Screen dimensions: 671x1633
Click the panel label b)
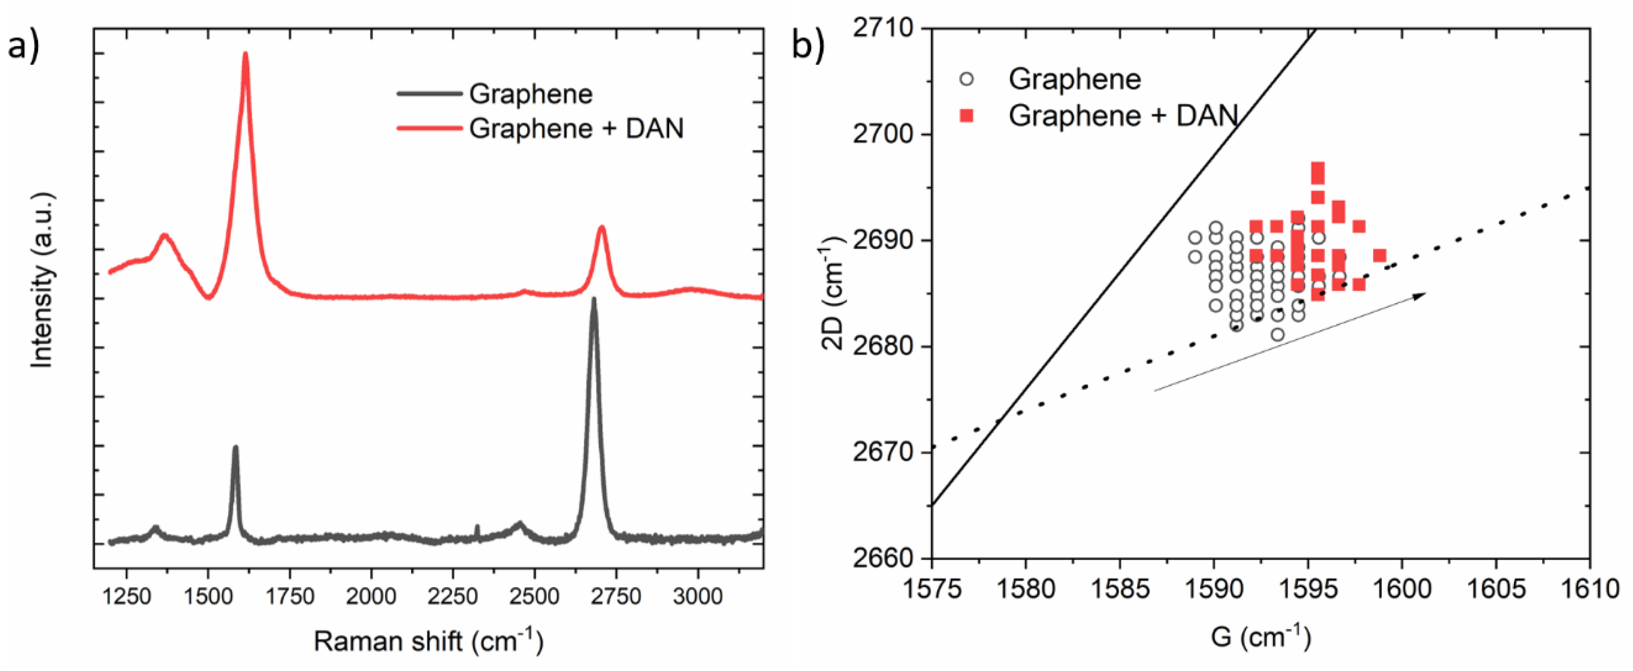coord(808,46)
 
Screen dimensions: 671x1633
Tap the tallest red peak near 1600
coord(245,54)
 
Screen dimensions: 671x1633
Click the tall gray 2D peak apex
coord(594,299)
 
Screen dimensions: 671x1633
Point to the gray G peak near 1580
coord(235,448)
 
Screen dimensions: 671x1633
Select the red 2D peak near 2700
coord(602,227)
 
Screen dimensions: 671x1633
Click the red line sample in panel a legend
coord(429,129)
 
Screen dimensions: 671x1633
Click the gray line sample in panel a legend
coord(429,94)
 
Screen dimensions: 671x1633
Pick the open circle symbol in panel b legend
coord(966,79)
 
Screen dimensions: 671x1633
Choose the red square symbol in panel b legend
coord(966,116)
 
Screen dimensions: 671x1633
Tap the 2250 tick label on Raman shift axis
coord(453,597)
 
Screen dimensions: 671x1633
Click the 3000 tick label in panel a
coord(697,597)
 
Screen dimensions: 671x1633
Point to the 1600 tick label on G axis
coord(1401,589)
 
